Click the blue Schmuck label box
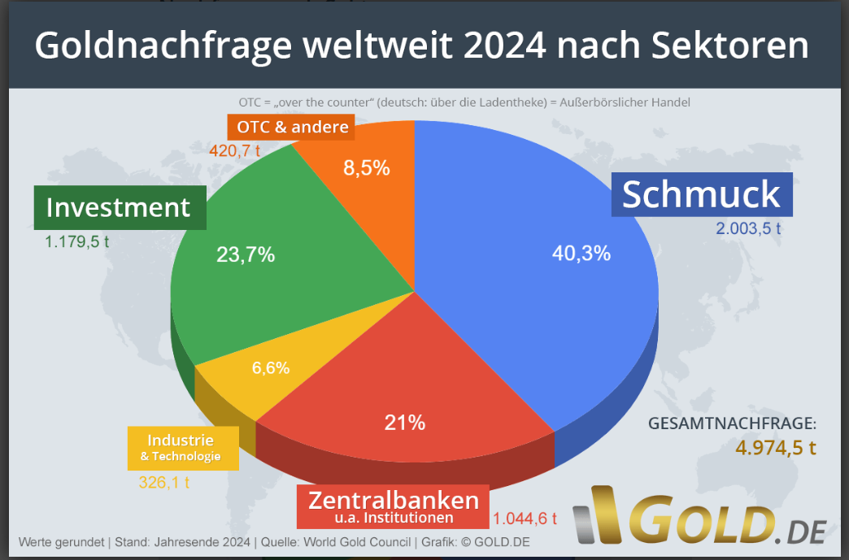tap(701, 195)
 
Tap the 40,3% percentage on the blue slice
tap(581, 254)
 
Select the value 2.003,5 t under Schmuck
tap(748, 228)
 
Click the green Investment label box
tap(118, 207)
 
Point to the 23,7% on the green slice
tap(246, 254)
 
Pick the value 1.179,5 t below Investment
tap(77, 242)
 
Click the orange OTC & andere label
tap(293, 127)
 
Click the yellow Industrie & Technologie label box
tap(183, 448)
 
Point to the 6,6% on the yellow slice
tap(271, 367)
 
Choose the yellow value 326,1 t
tap(163, 482)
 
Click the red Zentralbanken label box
tap(393, 506)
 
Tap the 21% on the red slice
tap(404, 423)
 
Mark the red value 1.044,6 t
tap(525, 519)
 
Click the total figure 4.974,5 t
tap(775, 448)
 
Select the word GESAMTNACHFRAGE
tap(732, 423)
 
